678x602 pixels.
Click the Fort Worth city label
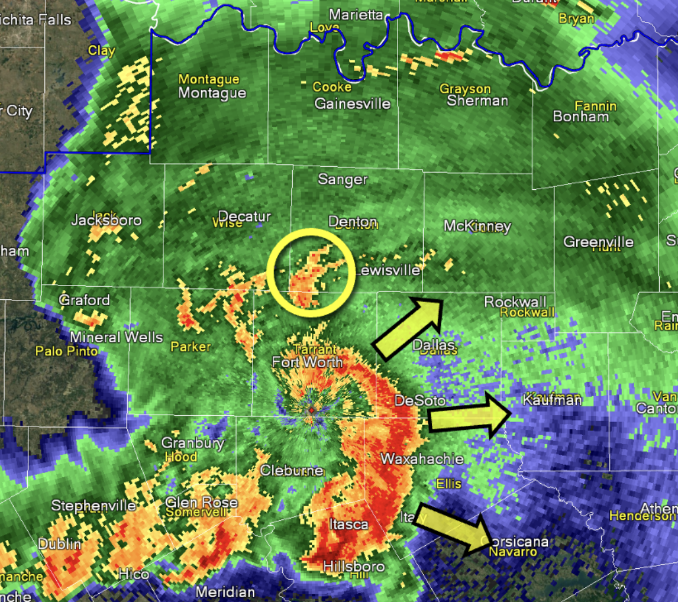coord(307,362)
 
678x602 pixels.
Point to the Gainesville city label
coord(352,104)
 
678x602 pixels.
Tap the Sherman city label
coord(477,101)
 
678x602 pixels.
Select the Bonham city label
coord(580,116)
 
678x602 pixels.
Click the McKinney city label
coord(477,226)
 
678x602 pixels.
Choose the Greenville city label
coord(598,241)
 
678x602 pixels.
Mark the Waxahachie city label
coord(422,458)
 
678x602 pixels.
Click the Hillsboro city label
coord(354,567)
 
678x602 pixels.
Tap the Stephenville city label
coord(93,506)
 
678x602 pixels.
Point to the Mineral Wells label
coord(117,338)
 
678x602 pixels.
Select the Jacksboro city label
coord(106,221)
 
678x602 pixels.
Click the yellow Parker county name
coord(191,347)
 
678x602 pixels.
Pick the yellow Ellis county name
coord(448,484)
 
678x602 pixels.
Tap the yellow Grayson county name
coord(465,89)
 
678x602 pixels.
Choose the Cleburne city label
coord(292,471)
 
